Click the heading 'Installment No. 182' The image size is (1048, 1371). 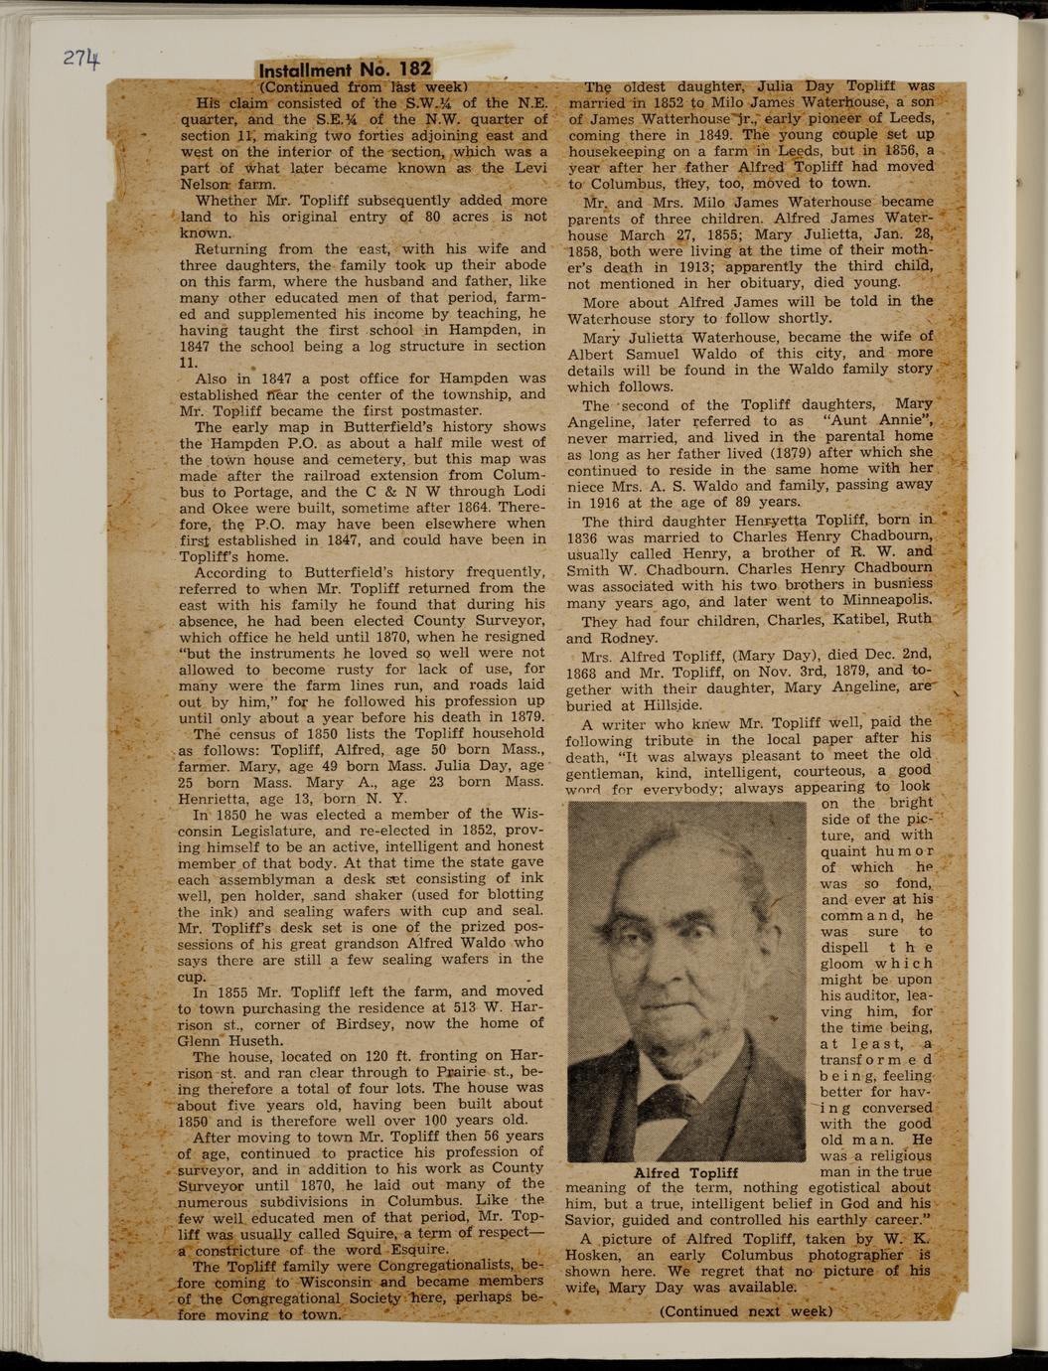(345, 70)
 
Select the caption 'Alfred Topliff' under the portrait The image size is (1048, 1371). (685, 1172)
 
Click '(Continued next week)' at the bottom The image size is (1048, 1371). (745, 1311)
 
